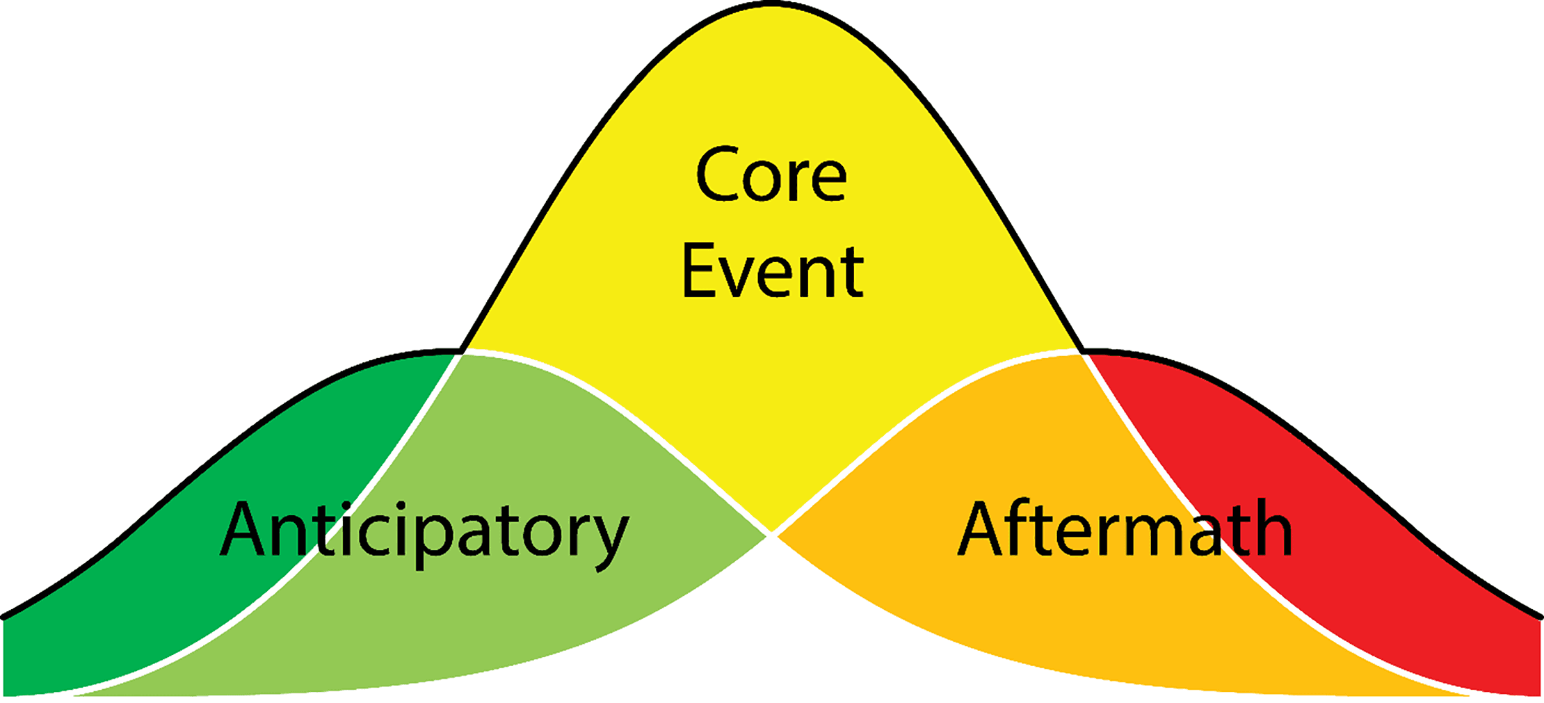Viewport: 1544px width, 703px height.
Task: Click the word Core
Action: pyautogui.click(x=771, y=175)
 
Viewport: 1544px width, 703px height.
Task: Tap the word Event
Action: pyautogui.click(x=772, y=272)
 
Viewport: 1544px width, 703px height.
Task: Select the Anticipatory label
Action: pyautogui.click(x=424, y=532)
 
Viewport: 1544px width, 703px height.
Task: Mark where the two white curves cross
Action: pyautogui.click(x=771, y=535)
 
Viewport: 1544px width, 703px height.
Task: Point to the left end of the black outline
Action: pyautogui.click(x=4, y=617)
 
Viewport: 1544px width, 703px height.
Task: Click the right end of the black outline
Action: pyautogui.click(x=1540, y=617)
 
